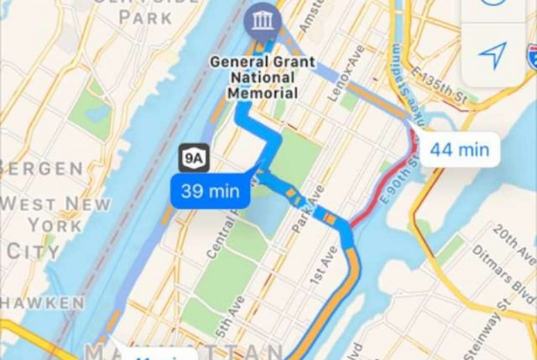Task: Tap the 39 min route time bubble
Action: click(x=210, y=191)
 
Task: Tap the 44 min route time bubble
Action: click(x=459, y=149)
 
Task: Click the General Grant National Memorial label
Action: click(x=262, y=77)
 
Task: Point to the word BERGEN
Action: click(x=42, y=168)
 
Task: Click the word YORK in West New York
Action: click(x=55, y=225)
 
